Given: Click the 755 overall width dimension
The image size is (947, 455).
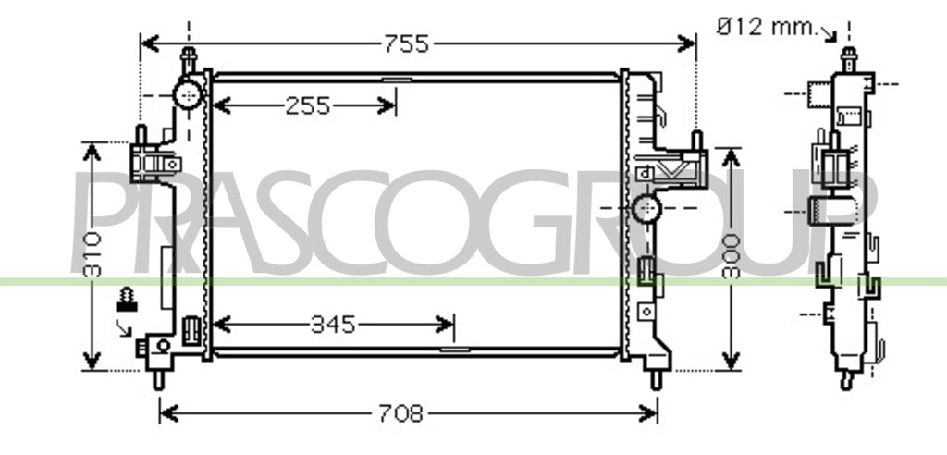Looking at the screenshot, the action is [x=407, y=43].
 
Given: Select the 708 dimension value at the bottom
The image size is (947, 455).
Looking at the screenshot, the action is [x=401, y=414].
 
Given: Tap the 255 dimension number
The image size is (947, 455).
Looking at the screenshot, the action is [x=308, y=106].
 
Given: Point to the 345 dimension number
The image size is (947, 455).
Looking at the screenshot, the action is [x=333, y=326].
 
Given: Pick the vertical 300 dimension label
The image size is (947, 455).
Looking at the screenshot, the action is [x=731, y=255].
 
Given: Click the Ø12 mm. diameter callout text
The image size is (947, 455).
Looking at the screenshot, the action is [x=766, y=27].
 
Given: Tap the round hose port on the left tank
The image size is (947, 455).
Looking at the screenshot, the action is [x=188, y=94].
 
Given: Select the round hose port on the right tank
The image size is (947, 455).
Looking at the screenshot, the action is [x=647, y=208].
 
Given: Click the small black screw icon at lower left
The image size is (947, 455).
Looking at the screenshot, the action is [x=126, y=300].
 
